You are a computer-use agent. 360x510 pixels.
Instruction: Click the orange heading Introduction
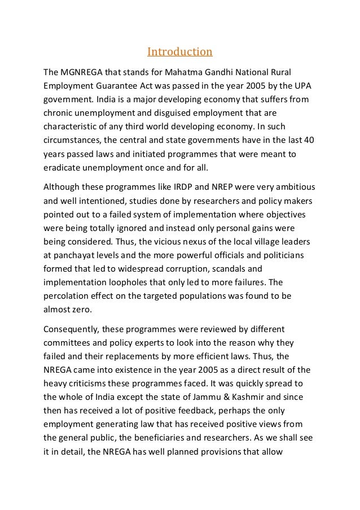point(180,53)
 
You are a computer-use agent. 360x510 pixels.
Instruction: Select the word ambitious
point(292,187)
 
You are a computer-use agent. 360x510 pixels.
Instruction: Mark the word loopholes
point(136,282)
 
